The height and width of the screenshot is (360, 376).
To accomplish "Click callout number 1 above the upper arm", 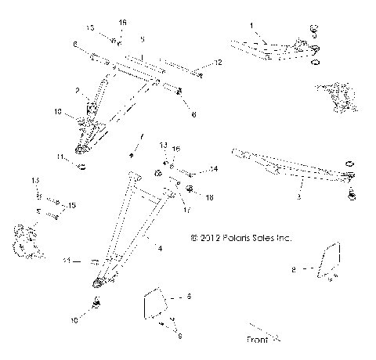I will [x=251, y=27].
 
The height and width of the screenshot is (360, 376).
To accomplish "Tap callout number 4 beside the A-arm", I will [x=160, y=248].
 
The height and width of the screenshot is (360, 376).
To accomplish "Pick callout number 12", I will [x=219, y=62].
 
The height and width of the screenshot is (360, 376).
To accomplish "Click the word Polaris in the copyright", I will [x=230, y=235].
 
